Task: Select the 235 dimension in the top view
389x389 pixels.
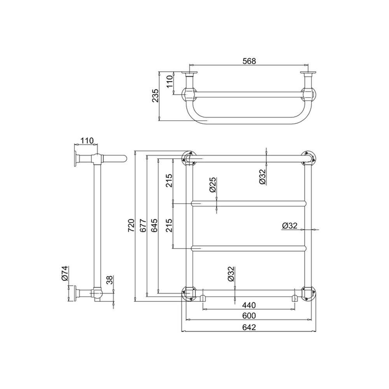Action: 155,96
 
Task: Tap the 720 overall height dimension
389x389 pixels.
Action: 131,225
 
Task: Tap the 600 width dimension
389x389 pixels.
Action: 249,315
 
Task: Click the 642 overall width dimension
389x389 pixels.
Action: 249,327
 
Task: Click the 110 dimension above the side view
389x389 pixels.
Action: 88,141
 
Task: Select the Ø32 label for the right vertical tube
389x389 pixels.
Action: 290,225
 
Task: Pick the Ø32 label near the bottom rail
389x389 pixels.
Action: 231,274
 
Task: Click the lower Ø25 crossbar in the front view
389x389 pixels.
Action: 249,248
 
